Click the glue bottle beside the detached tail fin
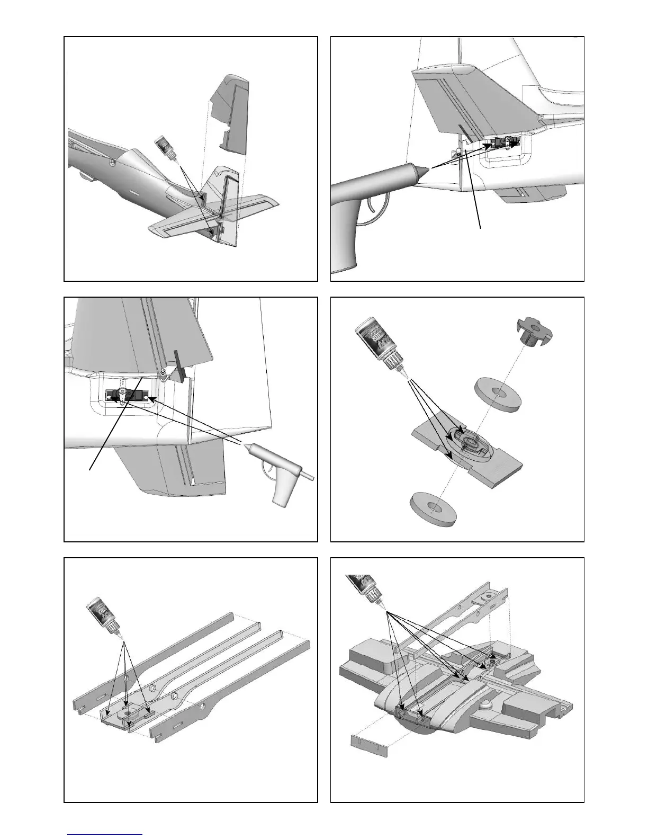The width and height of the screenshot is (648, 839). click(165, 148)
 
